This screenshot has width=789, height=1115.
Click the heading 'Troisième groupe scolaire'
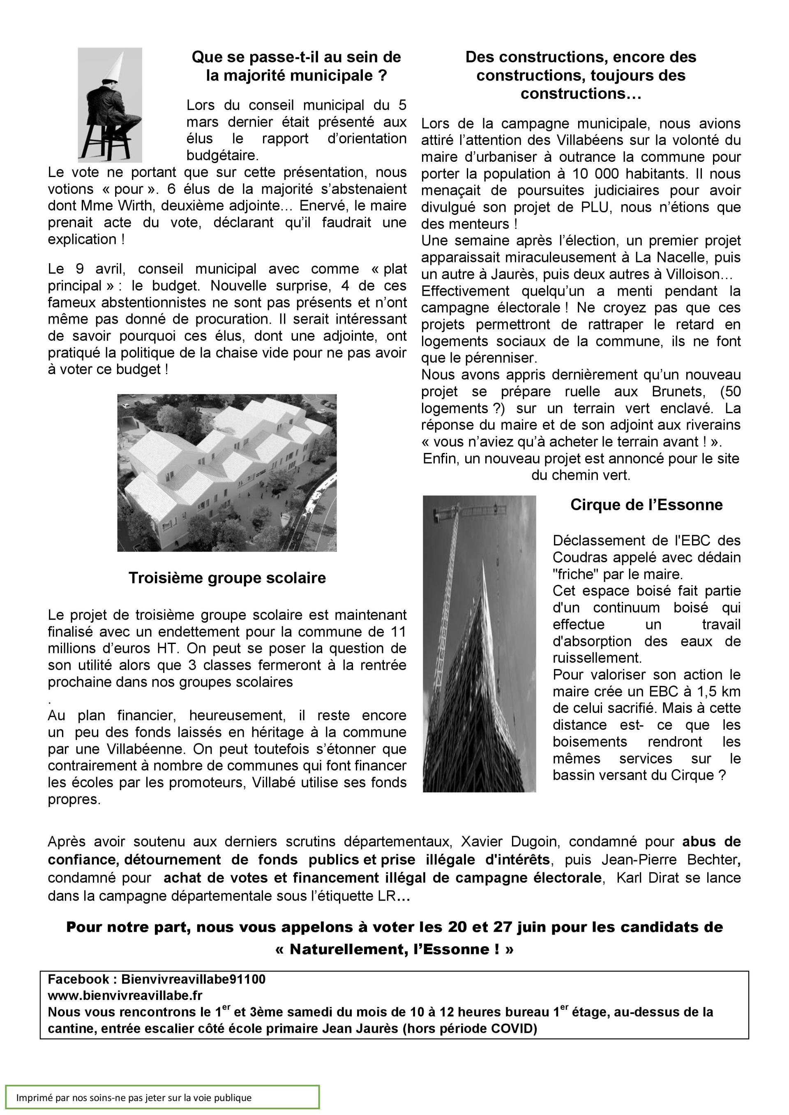pyautogui.click(x=227, y=578)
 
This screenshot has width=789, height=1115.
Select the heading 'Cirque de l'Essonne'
pyautogui.click(x=646, y=505)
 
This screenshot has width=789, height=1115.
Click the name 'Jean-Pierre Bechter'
pyautogui.click(x=671, y=860)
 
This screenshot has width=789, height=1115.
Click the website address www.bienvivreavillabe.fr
pyautogui.click(x=125, y=995)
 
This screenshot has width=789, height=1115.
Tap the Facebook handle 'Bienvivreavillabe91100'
pyautogui.click(x=194, y=979)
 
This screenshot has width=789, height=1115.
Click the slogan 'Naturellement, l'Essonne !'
pyautogui.click(x=394, y=949)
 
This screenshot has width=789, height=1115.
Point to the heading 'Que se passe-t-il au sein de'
pyautogui.click(x=296, y=57)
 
